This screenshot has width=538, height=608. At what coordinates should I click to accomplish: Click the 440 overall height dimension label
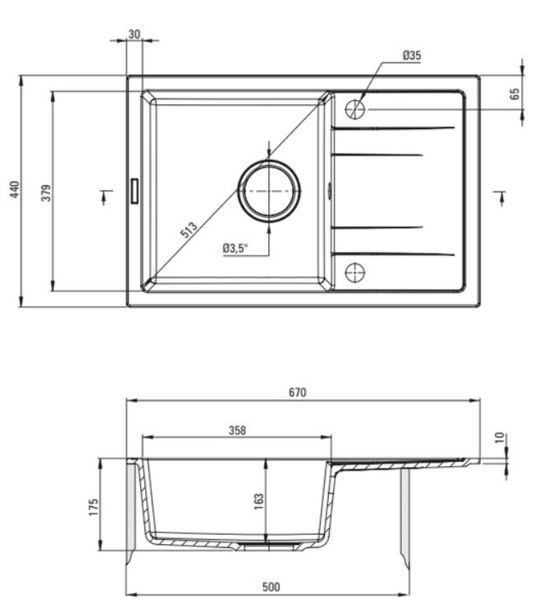click(x=15, y=190)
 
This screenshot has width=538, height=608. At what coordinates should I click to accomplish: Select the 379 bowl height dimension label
click(x=46, y=192)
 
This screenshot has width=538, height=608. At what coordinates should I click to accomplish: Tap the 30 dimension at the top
click(x=134, y=34)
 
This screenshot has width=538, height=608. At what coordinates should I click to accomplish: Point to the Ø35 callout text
click(x=412, y=56)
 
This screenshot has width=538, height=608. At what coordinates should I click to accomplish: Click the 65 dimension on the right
click(x=515, y=94)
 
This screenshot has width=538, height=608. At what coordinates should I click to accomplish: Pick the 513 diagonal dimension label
click(x=189, y=230)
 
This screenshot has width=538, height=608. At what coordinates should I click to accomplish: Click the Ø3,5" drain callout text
click(x=235, y=248)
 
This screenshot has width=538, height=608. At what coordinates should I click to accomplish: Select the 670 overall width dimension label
click(x=298, y=392)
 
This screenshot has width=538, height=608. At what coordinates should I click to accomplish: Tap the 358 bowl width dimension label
click(x=237, y=431)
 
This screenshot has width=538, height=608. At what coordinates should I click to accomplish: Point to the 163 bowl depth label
click(x=258, y=502)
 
